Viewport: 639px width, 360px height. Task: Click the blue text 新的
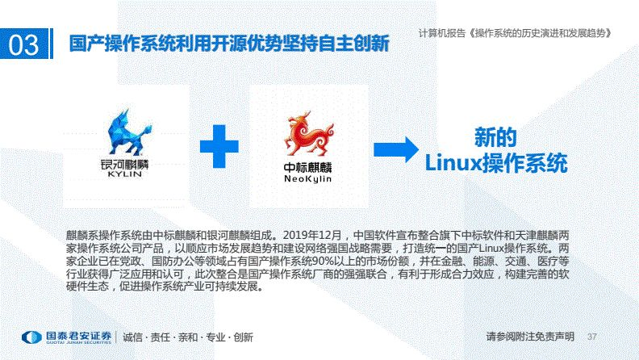tap(495, 136)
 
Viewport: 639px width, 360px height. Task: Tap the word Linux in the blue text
tap(452, 162)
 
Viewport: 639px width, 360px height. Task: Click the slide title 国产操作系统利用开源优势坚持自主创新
tap(228, 43)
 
